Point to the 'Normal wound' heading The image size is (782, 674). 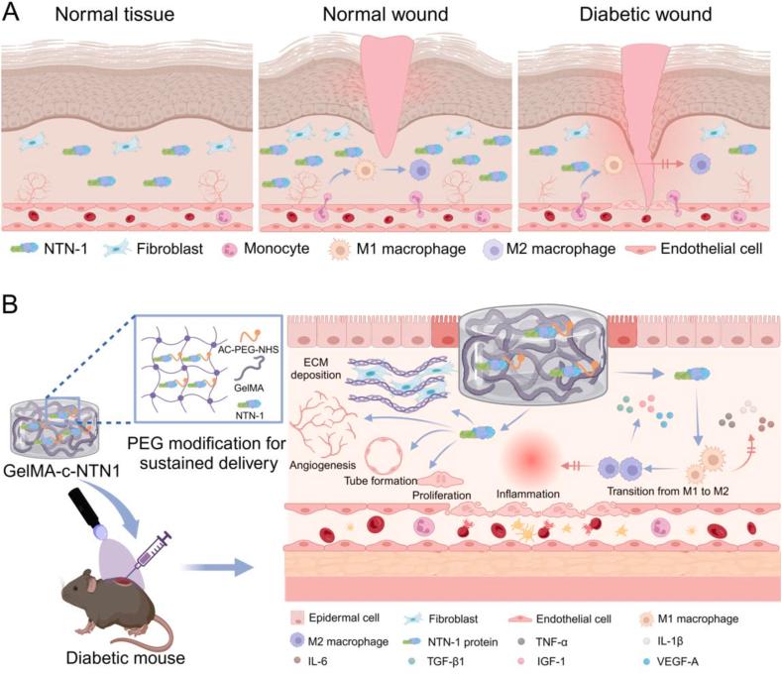pos(385,16)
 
